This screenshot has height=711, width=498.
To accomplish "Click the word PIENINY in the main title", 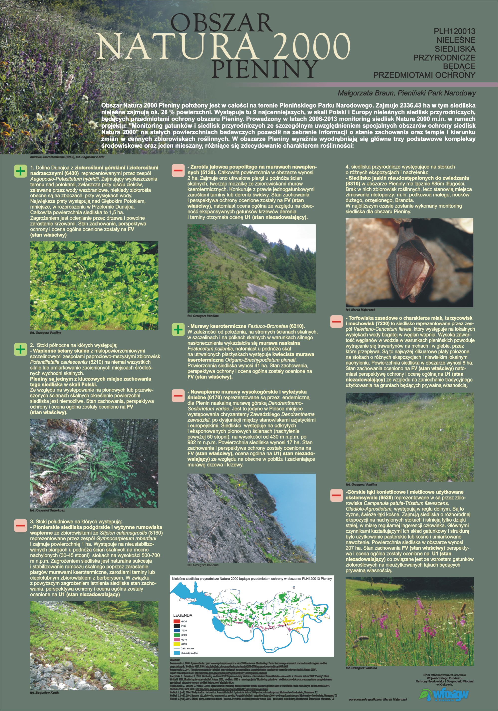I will tap(265, 69).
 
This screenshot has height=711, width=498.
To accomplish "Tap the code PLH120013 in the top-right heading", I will tap(454, 31).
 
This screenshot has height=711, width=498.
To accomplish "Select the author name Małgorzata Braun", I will tap(366, 93).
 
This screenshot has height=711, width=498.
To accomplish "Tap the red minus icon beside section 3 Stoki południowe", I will tap(21, 525).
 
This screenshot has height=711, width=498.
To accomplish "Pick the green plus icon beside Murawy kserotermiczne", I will tap(178, 329).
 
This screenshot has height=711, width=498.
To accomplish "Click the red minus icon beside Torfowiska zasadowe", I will tap(336, 322).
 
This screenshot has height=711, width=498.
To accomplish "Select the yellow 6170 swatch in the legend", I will tap(177, 644).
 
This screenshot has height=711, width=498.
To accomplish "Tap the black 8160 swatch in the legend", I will tap(177, 626).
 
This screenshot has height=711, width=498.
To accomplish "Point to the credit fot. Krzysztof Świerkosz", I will tap(47, 510).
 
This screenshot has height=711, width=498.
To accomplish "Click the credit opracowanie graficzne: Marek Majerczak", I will tap(378, 699).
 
